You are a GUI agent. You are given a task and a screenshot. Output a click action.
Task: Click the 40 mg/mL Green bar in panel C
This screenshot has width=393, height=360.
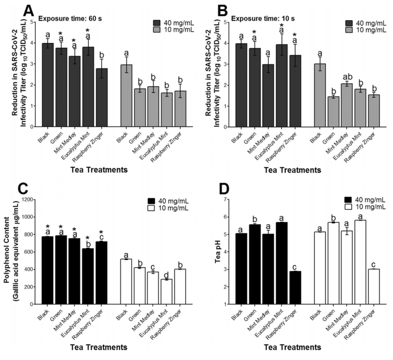(61, 270)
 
